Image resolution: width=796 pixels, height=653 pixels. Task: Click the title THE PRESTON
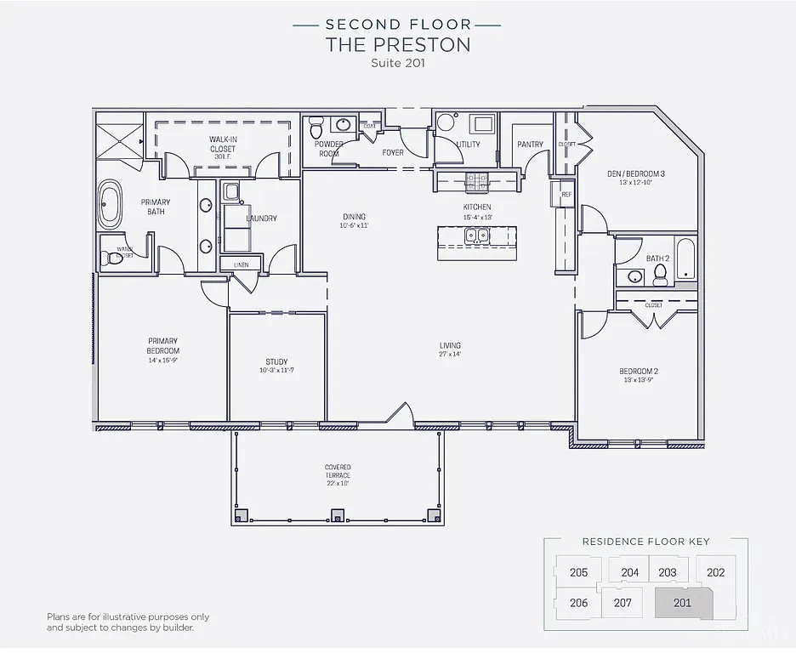[398, 45]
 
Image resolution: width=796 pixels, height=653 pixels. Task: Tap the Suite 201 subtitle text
[398, 63]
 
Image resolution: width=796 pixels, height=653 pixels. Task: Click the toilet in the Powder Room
[316, 128]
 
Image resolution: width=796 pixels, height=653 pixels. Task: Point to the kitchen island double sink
[476, 236]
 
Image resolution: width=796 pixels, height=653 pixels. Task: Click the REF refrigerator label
[566, 195]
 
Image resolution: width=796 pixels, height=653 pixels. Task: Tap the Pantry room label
[530, 145]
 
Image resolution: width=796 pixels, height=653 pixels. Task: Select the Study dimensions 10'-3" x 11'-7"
[277, 371]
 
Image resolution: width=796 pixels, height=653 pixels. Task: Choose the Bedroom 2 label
[639, 371]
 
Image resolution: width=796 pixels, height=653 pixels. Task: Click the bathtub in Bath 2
[685, 259]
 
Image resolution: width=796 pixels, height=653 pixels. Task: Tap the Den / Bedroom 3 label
[636, 173]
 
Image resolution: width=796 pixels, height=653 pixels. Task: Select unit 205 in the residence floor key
[578, 572]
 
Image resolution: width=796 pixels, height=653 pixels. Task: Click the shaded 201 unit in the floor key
[682, 603]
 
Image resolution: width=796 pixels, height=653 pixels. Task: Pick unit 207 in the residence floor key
[623, 603]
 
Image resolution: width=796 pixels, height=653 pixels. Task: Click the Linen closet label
[242, 265]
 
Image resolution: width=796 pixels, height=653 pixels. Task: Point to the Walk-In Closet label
[223, 144]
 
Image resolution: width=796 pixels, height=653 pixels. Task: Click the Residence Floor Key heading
[645, 541]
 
